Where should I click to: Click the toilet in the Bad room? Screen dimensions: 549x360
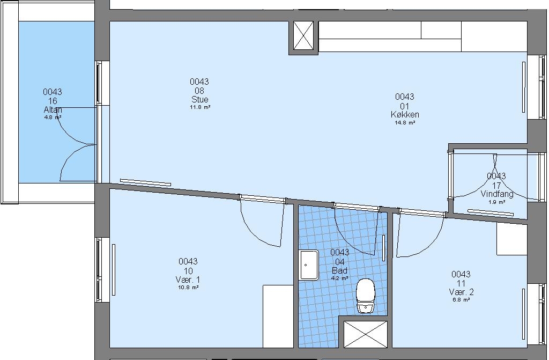(x=366, y=296)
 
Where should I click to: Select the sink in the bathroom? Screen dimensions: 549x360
(x=308, y=265)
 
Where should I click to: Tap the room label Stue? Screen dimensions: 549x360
(x=199, y=99)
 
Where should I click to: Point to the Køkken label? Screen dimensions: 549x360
(x=405, y=114)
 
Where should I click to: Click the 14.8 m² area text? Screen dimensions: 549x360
(x=405, y=123)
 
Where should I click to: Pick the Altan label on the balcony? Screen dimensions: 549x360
(x=53, y=110)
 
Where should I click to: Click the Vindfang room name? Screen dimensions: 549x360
(x=497, y=194)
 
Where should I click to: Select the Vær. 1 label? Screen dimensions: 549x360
(x=188, y=280)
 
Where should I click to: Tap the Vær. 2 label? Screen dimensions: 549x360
(x=461, y=292)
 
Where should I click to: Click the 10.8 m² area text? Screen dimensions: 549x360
(x=188, y=288)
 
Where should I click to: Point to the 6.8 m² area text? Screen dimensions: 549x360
(x=461, y=300)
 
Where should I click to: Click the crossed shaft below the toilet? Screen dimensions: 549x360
(x=366, y=334)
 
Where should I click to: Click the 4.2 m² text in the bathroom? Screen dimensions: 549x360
(x=339, y=278)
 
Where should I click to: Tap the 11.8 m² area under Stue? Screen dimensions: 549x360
(x=200, y=107)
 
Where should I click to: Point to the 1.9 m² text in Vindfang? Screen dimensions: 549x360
(x=497, y=202)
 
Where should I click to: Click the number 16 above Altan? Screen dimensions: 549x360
(x=53, y=101)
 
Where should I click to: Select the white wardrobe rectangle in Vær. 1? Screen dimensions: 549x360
(x=278, y=316)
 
